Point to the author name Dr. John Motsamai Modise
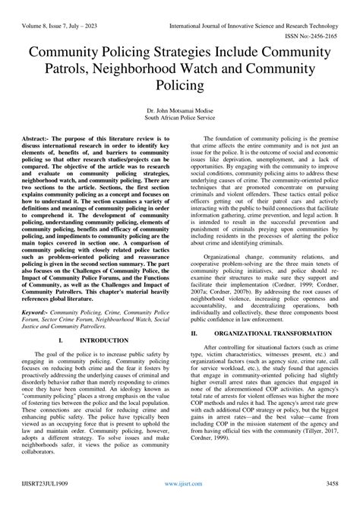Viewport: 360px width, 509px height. click(x=180, y=111)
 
